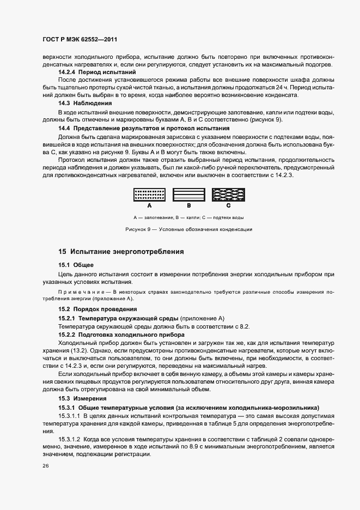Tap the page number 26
45,466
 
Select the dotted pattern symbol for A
149,196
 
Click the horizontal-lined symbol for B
188,196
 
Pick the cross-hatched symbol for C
228,196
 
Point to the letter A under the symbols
149,207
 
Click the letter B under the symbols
188,207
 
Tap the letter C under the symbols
228,207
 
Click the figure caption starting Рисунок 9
188,229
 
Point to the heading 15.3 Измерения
84,399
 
